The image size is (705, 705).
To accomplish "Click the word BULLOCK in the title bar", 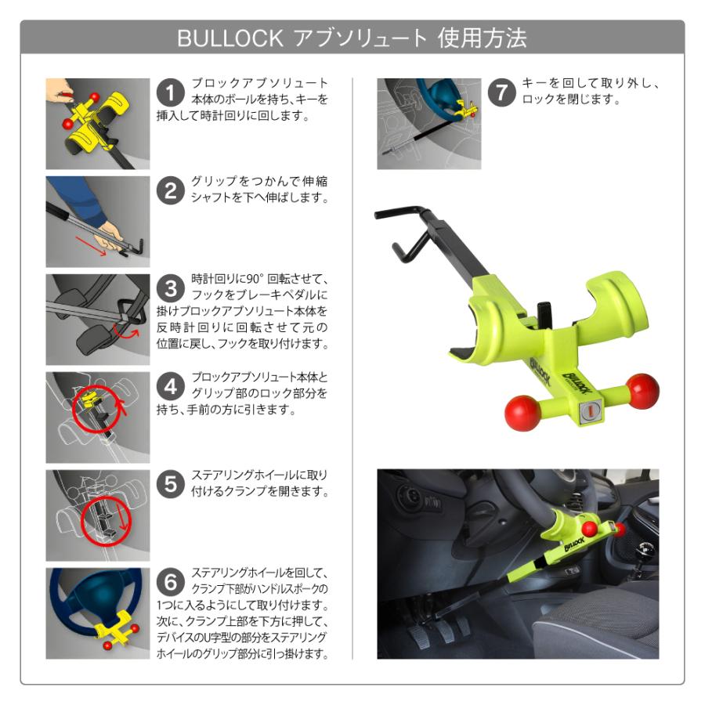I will click(x=224, y=38).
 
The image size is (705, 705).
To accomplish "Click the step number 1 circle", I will click(x=171, y=93).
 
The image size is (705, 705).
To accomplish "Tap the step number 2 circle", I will click(x=171, y=191).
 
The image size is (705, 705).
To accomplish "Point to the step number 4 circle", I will click(x=171, y=387).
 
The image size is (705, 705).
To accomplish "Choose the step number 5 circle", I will click(x=171, y=485).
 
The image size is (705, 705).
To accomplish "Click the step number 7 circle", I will click(x=502, y=93).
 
